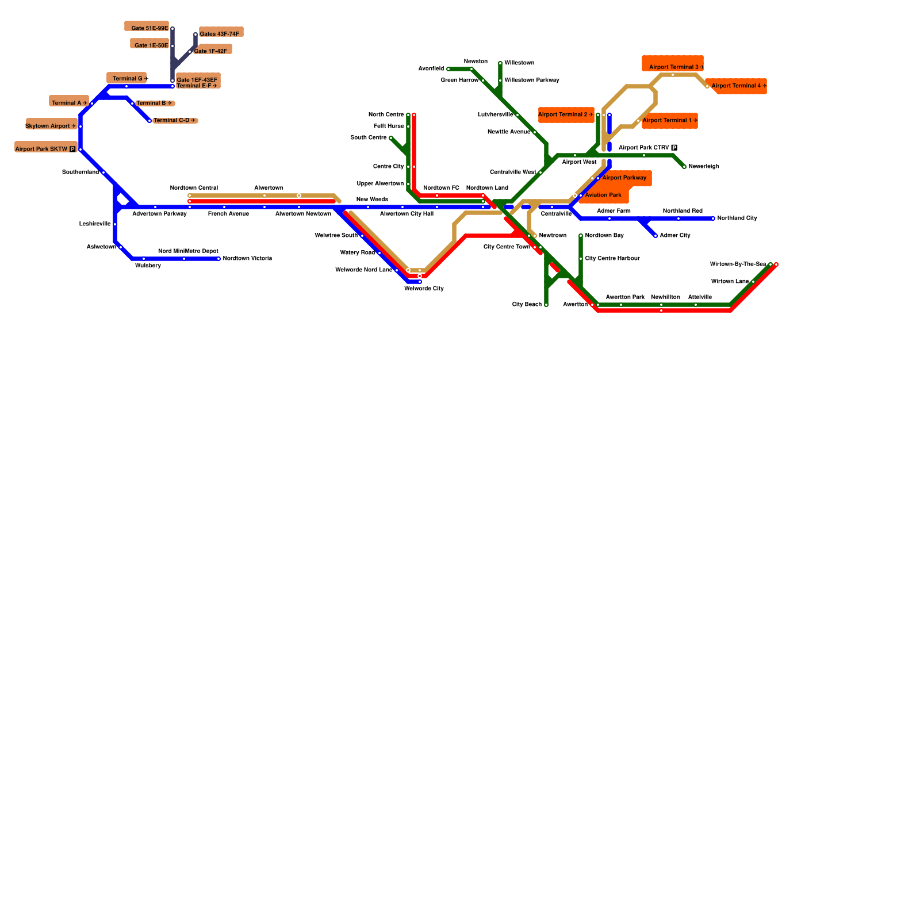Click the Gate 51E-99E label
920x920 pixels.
[x=149, y=28]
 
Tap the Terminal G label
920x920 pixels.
[x=128, y=79]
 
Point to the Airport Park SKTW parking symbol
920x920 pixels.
[x=72, y=149]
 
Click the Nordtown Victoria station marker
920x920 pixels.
[x=218, y=259]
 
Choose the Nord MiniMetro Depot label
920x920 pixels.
[x=188, y=251]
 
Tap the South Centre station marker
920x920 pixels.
[x=391, y=138]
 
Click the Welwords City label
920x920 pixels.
[x=424, y=289]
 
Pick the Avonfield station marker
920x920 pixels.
[x=448, y=69]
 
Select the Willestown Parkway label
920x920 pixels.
[x=532, y=80]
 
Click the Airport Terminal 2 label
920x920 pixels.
[x=563, y=115]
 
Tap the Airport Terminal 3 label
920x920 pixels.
[x=674, y=67]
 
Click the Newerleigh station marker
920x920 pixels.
[x=684, y=167]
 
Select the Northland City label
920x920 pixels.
[x=737, y=218]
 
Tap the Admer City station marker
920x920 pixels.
[x=655, y=236]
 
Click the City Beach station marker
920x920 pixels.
[x=546, y=305]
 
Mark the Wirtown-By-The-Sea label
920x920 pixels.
[x=738, y=264]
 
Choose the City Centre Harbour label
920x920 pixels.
[x=612, y=259]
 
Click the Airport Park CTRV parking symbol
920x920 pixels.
[x=674, y=148]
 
